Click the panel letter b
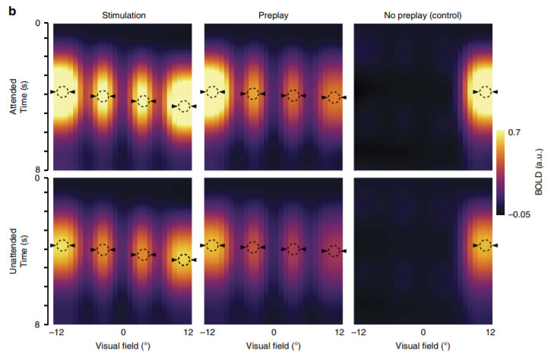[13, 11]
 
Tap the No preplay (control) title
[423, 14]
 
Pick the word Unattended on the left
[13, 251]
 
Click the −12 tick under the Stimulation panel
[55, 333]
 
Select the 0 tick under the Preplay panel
[272, 333]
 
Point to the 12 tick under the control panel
[491, 333]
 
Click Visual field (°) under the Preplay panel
[272, 346]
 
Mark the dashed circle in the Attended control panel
[484, 92]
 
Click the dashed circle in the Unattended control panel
[484, 245]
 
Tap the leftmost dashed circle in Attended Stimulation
[62, 92]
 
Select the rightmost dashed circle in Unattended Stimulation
[184, 260]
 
